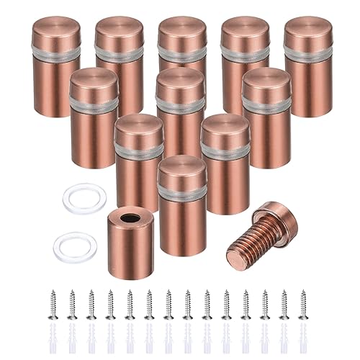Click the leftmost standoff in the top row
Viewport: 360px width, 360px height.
pos(56,65)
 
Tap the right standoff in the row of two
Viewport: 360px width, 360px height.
pos(225,162)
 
